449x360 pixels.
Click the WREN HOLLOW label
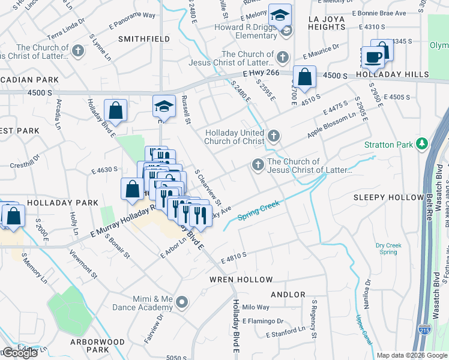point(241,280)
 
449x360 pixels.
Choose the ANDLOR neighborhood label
point(289,295)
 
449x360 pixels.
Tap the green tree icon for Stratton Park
point(422,144)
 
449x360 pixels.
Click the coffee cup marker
point(373,57)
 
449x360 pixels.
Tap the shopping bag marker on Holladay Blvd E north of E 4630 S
point(115,110)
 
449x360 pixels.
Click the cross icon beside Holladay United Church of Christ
point(274,136)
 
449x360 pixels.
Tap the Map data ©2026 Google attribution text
point(412,355)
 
